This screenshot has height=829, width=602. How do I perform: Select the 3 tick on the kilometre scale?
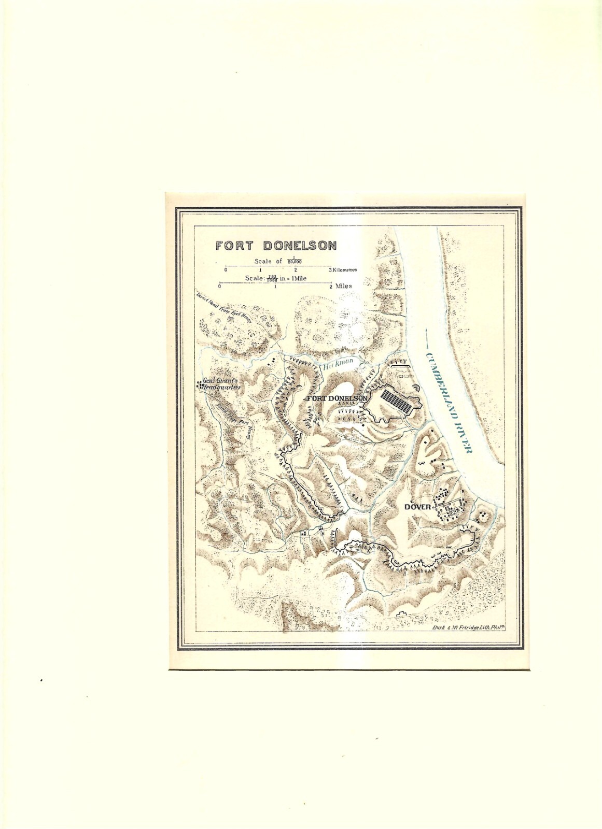point(330,270)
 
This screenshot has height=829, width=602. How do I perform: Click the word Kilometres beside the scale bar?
point(346,270)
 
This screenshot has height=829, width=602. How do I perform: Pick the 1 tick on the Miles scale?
point(275,286)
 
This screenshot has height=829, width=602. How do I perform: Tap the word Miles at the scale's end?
point(343,285)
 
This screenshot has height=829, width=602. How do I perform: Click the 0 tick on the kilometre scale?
point(226,270)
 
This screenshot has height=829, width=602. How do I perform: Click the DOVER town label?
point(417,507)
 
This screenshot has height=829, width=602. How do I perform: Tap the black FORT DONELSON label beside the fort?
point(337,398)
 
